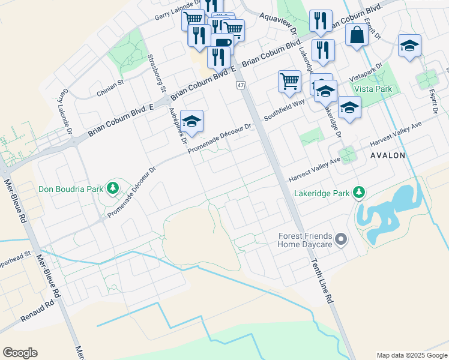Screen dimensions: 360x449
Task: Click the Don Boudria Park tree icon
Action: (x=112, y=189)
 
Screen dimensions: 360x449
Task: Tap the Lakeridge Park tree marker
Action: (x=359, y=193)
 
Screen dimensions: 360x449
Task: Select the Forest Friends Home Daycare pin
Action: (x=342, y=240)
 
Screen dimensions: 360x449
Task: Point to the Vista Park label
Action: (x=373, y=88)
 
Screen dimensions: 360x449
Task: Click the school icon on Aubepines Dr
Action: (x=191, y=122)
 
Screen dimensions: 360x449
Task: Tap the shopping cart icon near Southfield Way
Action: (x=289, y=81)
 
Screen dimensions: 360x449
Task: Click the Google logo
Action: (x=20, y=353)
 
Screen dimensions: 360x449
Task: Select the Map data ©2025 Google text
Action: (x=411, y=355)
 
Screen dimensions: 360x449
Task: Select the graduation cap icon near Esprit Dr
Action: (x=409, y=46)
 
